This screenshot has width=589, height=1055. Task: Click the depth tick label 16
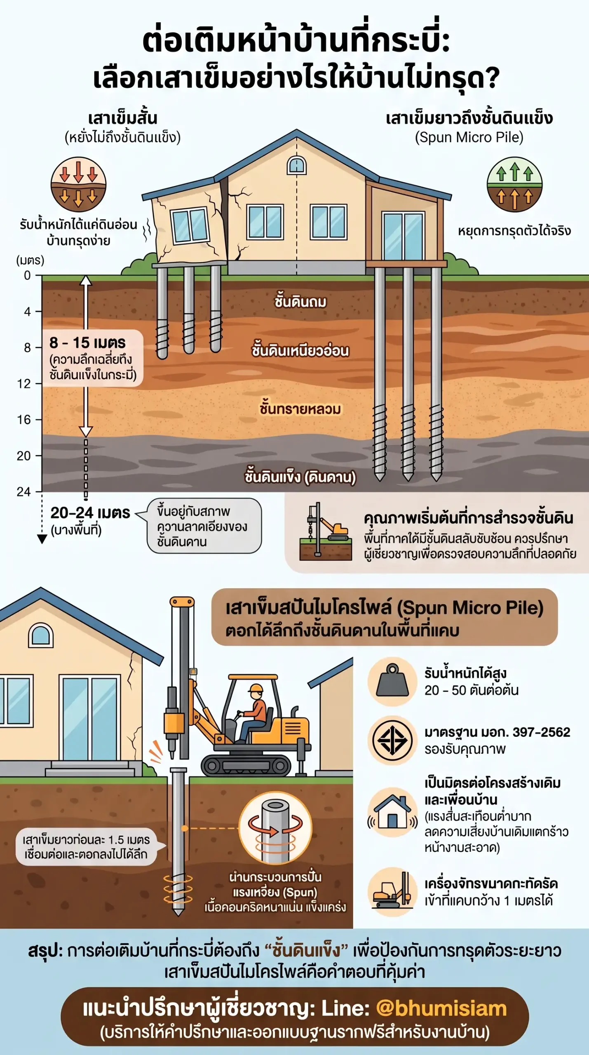pos(23,420)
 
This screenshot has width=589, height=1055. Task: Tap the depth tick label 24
pos(23,492)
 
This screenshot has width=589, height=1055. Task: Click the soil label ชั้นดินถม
pos(300,301)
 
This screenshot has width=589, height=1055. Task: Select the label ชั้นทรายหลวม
pos(300,408)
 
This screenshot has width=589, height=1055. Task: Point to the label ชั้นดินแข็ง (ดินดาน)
pos(300,477)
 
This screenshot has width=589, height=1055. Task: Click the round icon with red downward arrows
pos(78,184)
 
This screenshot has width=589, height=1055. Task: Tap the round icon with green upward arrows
pos(514,184)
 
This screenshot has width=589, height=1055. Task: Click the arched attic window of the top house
pos(296,165)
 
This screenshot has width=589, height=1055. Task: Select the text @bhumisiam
pos(441,1008)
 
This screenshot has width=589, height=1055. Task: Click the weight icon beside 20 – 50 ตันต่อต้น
pos(393,681)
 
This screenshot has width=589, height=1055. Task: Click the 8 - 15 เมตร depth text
pos(87,342)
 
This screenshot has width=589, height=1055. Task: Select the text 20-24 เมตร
pos(90,513)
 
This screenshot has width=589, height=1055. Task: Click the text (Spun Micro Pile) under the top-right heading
pos(469,137)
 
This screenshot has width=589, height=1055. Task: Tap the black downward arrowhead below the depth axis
pos(42,539)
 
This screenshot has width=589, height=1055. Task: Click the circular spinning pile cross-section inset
pos(275,828)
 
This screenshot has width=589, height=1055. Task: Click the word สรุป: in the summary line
pos(45,950)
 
